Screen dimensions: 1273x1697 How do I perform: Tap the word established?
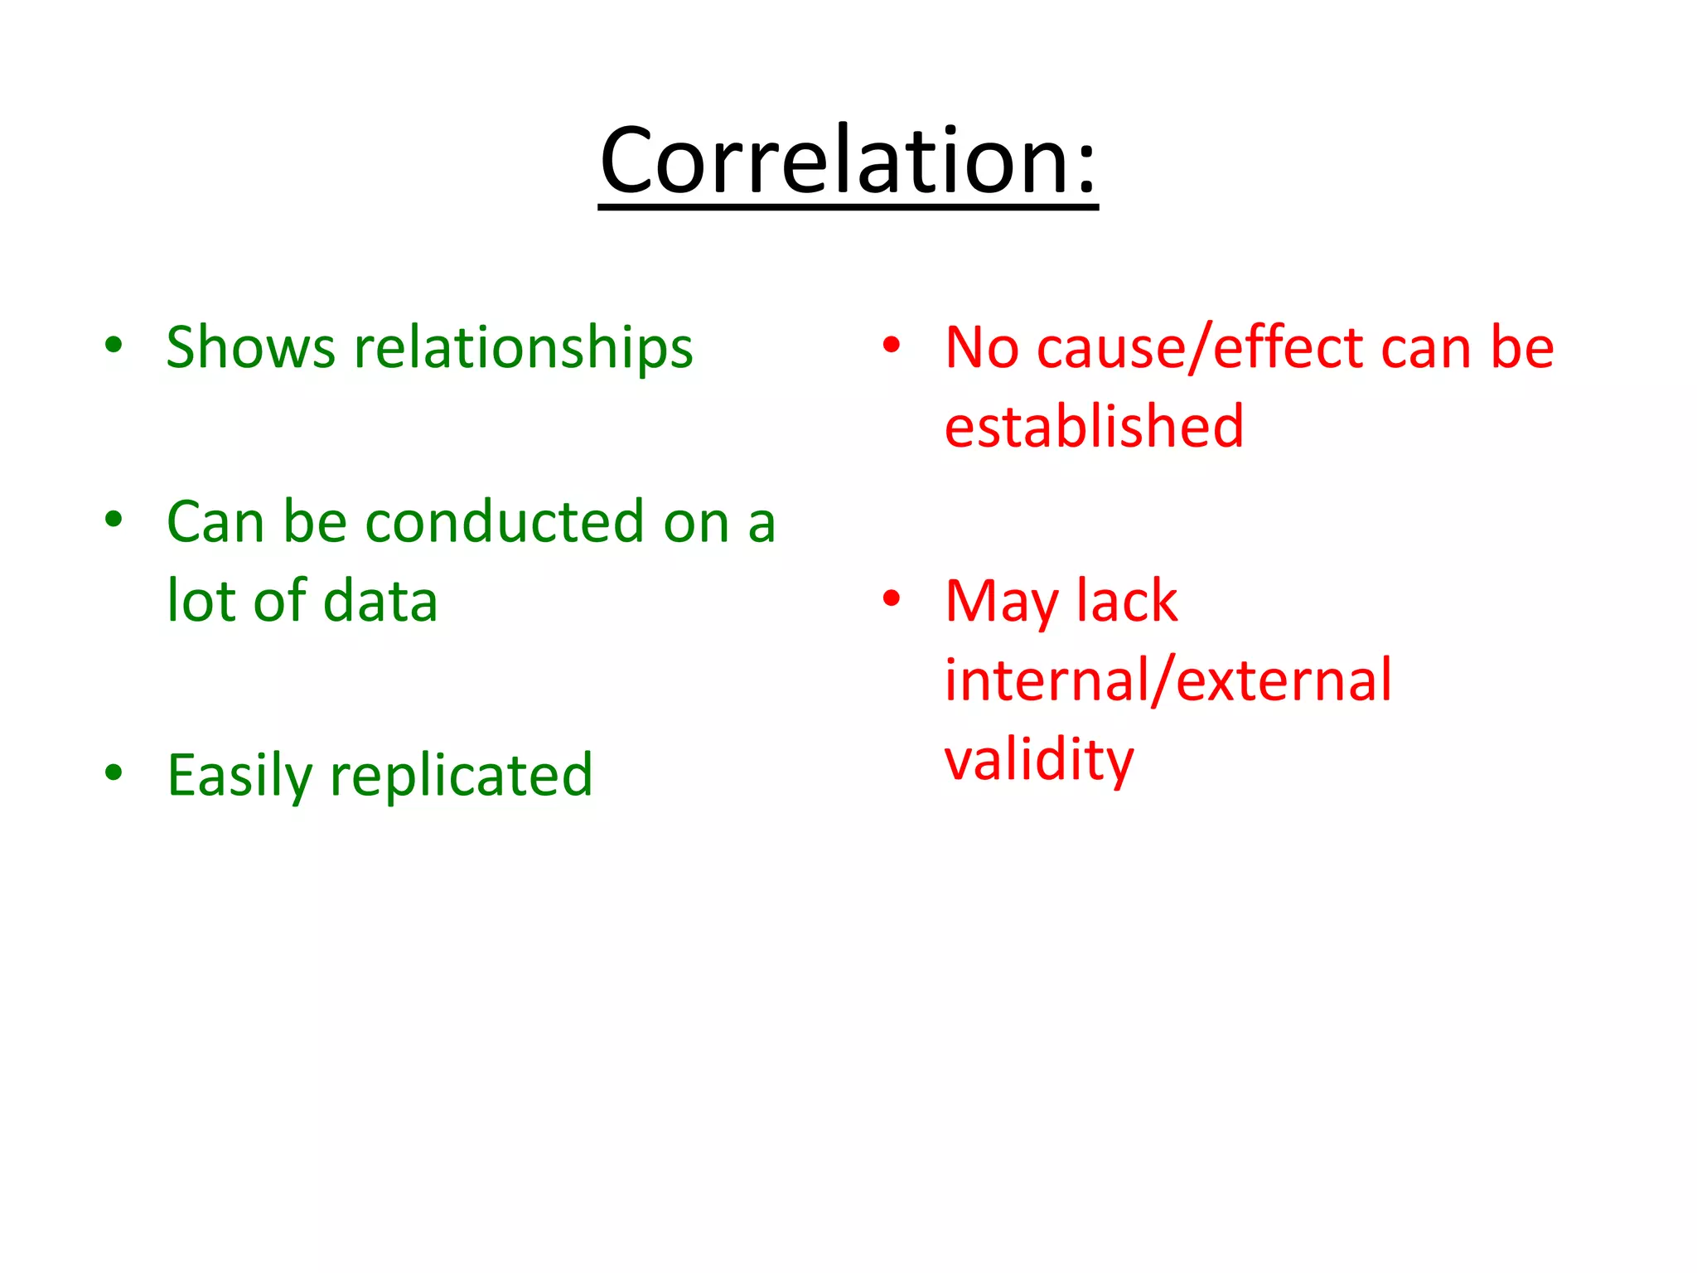(x=1094, y=426)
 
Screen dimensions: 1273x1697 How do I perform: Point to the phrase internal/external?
(x=1168, y=680)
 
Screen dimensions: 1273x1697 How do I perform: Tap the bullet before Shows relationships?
(x=114, y=345)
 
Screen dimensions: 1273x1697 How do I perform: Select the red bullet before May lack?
(x=891, y=598)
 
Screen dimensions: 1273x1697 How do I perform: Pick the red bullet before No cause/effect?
(x=891, y=345)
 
